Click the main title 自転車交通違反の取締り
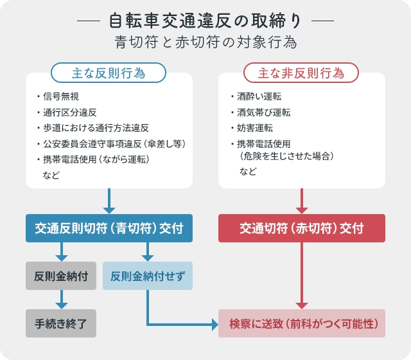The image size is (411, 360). point(205,21)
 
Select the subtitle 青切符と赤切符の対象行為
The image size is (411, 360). point(205,42)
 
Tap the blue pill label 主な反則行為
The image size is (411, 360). point(109,73)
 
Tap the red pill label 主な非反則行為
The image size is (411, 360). point(301,73)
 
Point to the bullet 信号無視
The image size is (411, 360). point(61,96)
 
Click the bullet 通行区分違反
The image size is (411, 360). point(70,113)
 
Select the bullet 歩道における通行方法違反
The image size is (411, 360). point(96,128)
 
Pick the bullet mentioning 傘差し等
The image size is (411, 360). point(114,144)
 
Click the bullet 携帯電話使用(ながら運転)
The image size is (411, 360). point(96,159)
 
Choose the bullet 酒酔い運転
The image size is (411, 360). point(259,96)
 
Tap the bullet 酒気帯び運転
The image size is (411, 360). point(264,113)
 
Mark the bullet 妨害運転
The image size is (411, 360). point(255,128)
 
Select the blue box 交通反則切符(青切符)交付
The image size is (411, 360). point(109,228)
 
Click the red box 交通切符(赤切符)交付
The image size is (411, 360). point(302,228)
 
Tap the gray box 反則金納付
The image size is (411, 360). point(61,276)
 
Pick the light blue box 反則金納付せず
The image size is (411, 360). point(148,276)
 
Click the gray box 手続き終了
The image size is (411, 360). point(61,323)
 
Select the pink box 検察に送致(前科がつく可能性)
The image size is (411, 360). point(302,323)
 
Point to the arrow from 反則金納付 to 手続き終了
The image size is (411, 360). point(62,300)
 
